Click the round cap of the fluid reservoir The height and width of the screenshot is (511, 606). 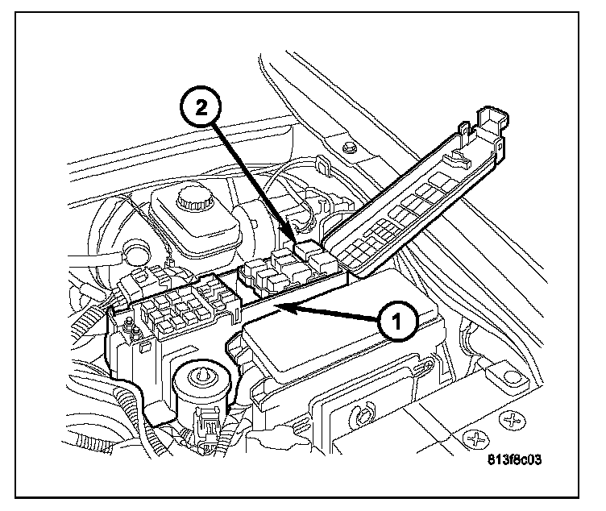194,196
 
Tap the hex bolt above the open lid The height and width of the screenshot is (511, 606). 348,148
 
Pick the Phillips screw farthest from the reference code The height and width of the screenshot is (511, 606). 510,420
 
